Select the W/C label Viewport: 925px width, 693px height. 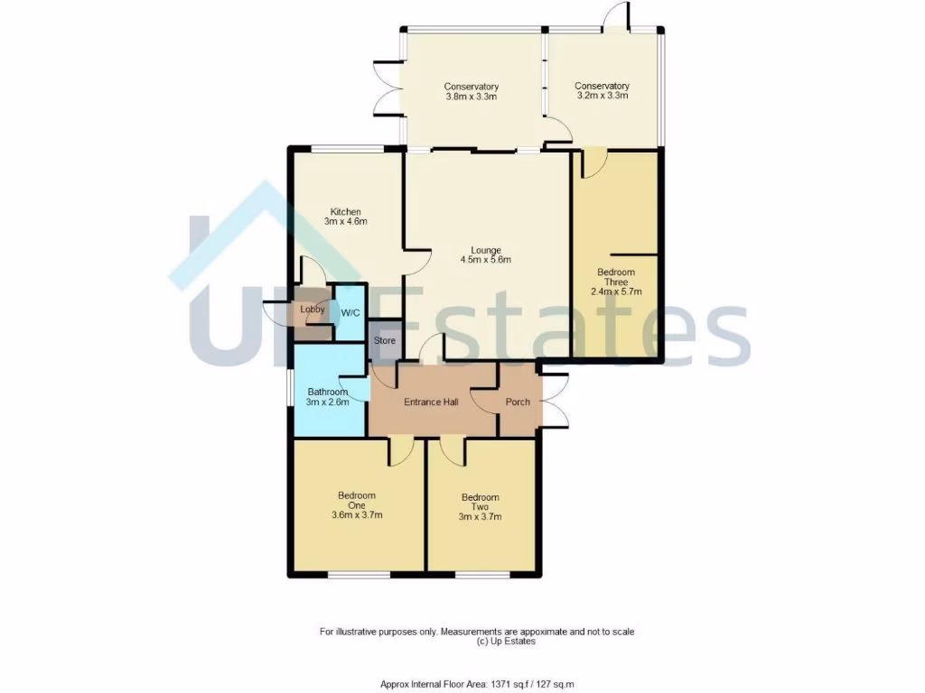(x=350, y=313)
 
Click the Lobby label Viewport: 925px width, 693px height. (x=313, y=310)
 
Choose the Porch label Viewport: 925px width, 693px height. (x=518, y=402)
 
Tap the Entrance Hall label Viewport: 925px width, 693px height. (x=429, y=402)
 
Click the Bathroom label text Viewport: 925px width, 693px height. (x=327, y=392)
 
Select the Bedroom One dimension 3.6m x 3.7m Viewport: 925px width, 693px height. (x=357, y=516)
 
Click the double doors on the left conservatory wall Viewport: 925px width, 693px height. (x=388, y=88)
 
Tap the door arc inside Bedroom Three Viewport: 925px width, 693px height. (x=593, y=164)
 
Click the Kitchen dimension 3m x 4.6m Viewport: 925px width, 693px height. (x=345, y=221)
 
